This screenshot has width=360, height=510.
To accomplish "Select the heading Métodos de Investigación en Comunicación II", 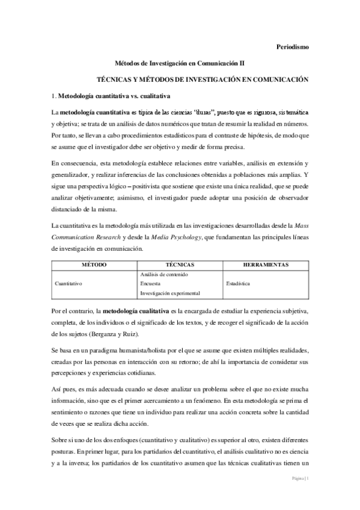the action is [180, 62].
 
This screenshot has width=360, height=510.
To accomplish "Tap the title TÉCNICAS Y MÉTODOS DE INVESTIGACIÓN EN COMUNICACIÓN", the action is [198, 79].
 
